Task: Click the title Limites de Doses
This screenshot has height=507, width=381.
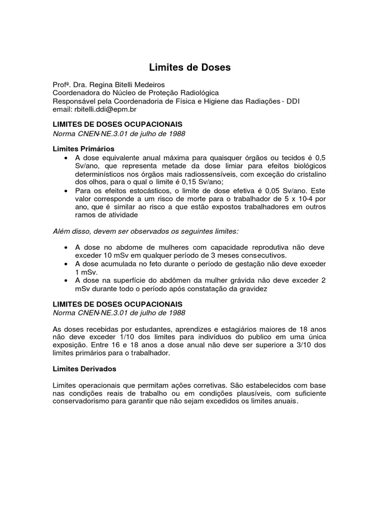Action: [190, 67]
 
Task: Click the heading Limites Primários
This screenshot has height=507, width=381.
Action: [83, 149]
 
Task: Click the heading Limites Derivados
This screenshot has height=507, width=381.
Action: [84, 369]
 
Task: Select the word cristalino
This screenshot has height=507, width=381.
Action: [309, 173]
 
